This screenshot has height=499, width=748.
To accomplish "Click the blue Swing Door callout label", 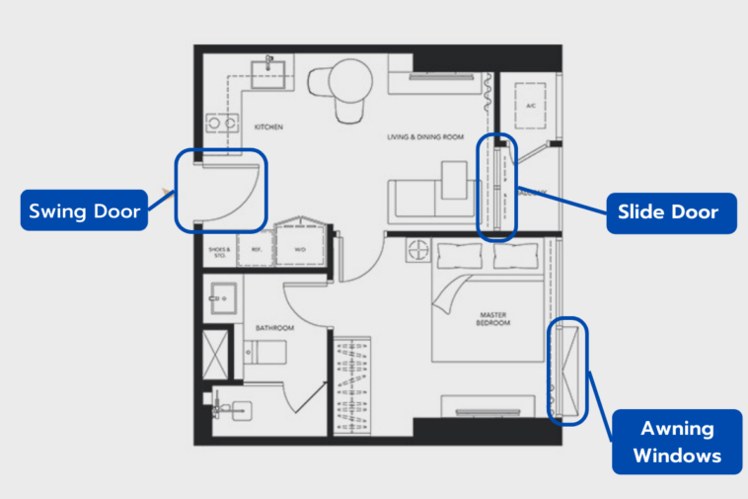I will pyautogui.click(x=84, y=210).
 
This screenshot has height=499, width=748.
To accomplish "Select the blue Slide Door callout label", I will pyautogui.click(x=671, y=212).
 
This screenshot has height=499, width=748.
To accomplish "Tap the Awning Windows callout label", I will pyautogui.click(x=676, y=442).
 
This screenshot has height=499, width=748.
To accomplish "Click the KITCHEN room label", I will pyautogui.click(x=268, y=127).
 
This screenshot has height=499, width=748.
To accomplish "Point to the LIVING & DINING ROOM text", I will pyautogui.click(x=425, y=138).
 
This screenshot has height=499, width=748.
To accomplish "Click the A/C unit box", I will pyautogui.click(x=530, y=105).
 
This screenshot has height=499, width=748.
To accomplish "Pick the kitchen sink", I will pyautogui.click(x=267, y=73).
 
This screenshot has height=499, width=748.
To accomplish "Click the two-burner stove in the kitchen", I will pyautogui.click(x=224, y=124).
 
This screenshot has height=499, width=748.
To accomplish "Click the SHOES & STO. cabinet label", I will pyautogui.click(x=218, y=251).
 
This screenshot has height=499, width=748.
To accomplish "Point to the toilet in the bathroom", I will pyautogui.click(x=263, y=353).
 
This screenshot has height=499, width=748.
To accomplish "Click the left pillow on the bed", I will pyautogui.click(x=458, y=256).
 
